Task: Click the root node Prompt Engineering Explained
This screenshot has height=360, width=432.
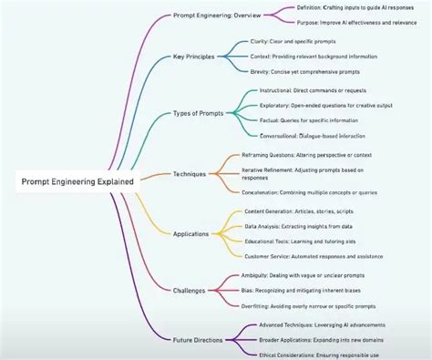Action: click(77, 181)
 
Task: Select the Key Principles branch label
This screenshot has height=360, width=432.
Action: click(194, 57)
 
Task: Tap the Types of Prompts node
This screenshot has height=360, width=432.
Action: click(199, 113)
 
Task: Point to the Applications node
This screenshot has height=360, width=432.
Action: click(190, 234)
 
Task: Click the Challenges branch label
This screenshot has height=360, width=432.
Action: click(190, 291)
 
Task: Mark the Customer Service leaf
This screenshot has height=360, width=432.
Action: click(326, 256)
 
